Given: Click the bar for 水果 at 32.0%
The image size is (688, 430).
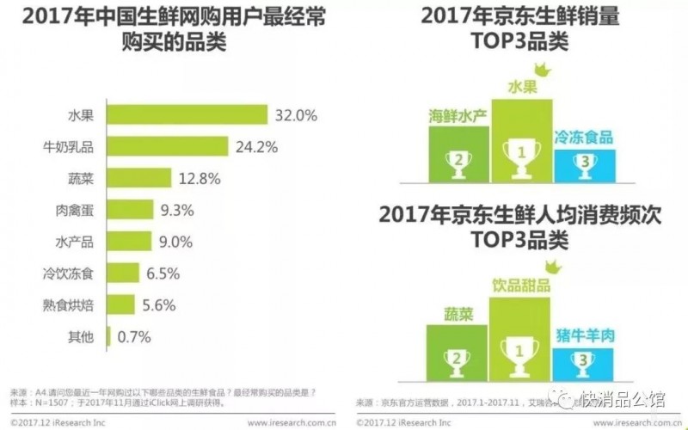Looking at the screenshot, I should tap(186, 114).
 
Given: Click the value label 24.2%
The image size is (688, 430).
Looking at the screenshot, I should tap(256, 146).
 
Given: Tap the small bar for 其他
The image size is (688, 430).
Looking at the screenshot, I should tap(107, 337).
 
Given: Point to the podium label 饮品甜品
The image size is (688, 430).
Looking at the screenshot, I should tap(521, 285).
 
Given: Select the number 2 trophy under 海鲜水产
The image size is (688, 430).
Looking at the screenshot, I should tap(459, 158).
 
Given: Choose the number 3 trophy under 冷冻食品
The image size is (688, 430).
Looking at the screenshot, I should tap(584, 161).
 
